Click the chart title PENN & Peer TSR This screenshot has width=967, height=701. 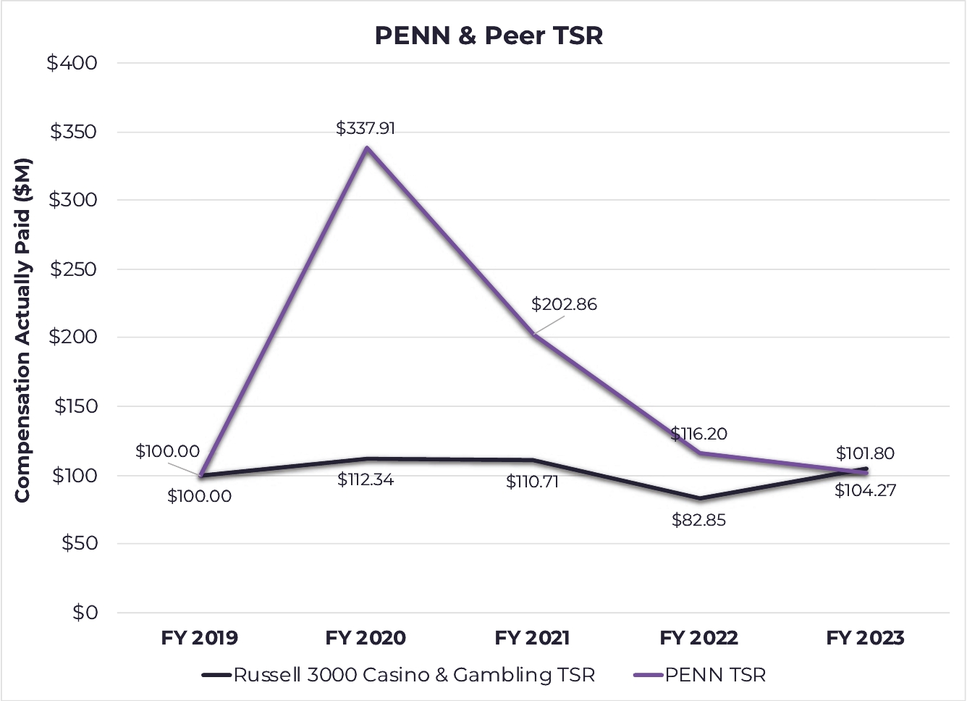click(489, 35)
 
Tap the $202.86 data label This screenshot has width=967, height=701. click(564, 304)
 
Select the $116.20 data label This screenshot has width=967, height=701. click(698, 434)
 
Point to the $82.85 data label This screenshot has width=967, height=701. click(698, 520)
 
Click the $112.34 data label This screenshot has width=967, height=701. click(366, 479)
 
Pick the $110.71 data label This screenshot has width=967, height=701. click(532, 482)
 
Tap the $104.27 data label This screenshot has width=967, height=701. click(865, 490)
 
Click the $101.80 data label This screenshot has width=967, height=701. click(865, 453)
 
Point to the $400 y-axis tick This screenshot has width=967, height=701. click(72, 63)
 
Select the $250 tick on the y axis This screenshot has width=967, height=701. click(72, 269)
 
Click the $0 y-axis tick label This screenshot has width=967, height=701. click(85, 613)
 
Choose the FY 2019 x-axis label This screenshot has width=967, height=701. click(199, 638)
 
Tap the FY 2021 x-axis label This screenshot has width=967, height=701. click(532, 638)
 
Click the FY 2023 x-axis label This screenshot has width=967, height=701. click(865, 638)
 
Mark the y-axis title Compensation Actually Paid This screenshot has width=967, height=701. click(22, 329)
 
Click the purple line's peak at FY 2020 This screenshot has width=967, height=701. click(367, 148)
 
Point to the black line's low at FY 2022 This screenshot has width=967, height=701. click(699, 498)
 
